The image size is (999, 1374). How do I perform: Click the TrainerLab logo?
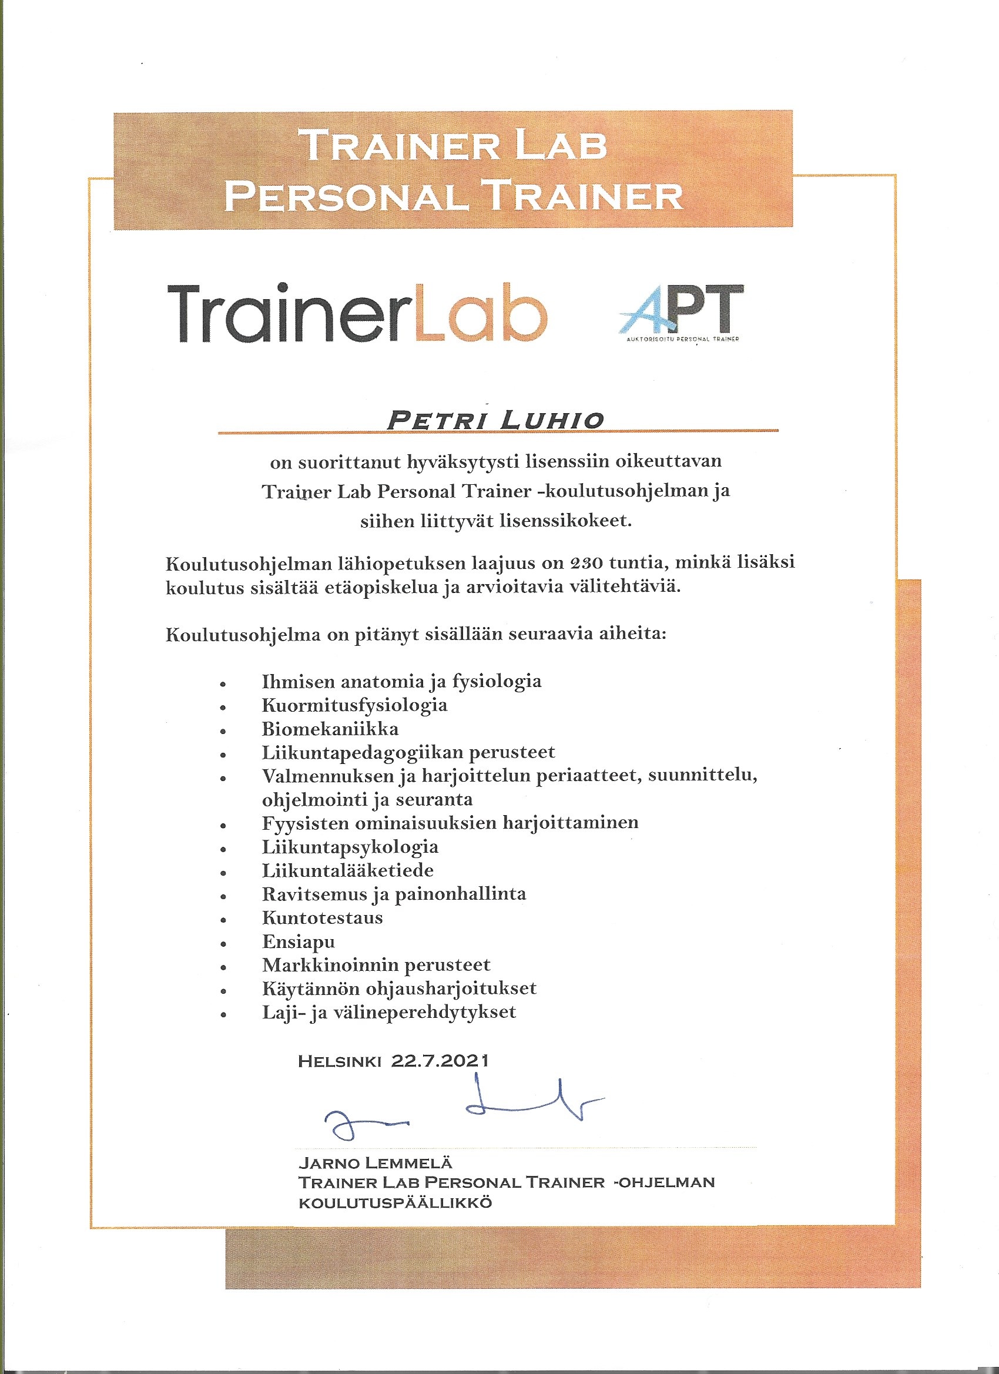pyautogui.click(x=357, y=313)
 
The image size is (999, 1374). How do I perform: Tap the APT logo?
pyautogui.click(x=681, y=310)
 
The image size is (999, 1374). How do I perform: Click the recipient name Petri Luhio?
pyautogui.click(x=495, y=420)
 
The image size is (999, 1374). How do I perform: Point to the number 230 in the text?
pyautogui.click(x=586, y=563)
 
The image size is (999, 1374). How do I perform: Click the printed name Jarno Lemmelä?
pyautogui.click(x=375, y=1162)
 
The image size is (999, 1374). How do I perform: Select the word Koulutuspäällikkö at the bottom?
pyautogui.click(x=395, y=1202)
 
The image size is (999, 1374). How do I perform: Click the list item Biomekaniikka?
pyautogui.click(x=330, y=729)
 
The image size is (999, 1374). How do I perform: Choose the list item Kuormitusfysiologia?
pyautogui.click(x=354, y=705)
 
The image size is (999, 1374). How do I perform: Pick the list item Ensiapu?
pyautogui.click(x=298, y=941)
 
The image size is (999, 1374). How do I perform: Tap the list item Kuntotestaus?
pyautogui.click(x=322, y=918)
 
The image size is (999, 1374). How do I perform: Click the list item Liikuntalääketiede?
pyautogui.click(x=348, y=870)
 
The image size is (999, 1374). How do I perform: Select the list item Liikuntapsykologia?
pyautogui.click(x=350, y=847)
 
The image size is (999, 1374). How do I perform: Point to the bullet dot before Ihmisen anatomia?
pyautogui.click(x=223, y=683)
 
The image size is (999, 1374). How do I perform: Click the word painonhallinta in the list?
pyautogui.click(x=461, y=894)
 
